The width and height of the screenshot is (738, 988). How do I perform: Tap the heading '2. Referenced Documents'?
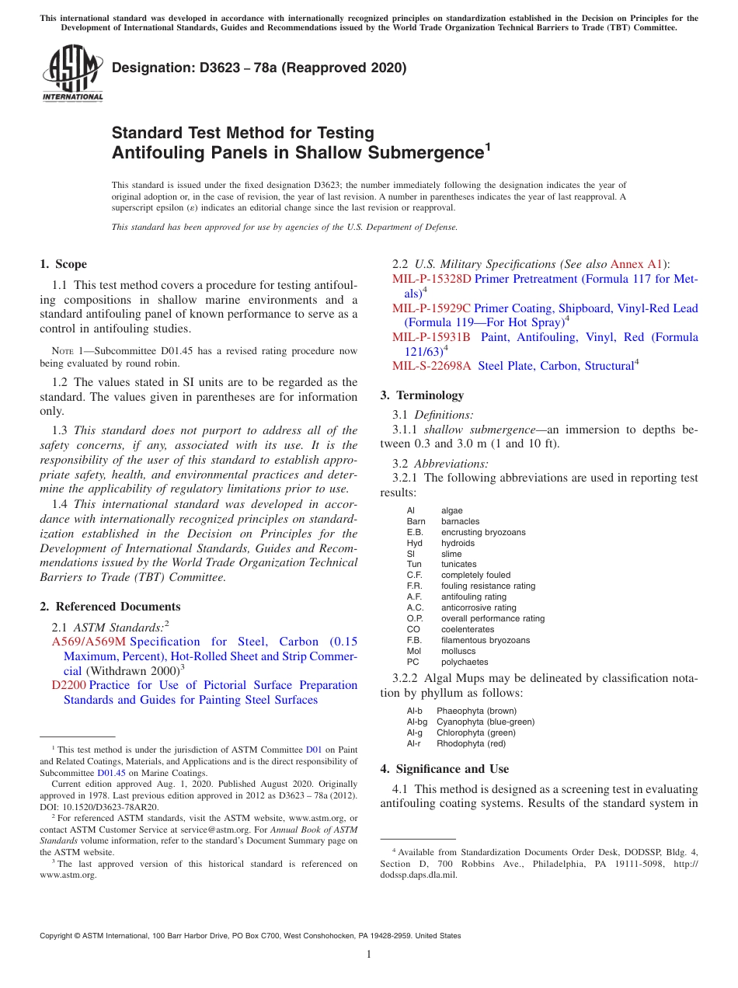pyautogui.click(x=110, y=607)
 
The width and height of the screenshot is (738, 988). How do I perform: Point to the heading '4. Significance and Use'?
pyautogui.click(x=444, y=769)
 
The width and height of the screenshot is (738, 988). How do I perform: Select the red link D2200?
pyautogui.click(x=68, y=685)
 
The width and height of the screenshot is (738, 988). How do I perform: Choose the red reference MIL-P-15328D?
pyautogui.click(x=431, y=279)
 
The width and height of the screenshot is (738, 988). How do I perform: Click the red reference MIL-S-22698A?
pyautogui.click(x=431, y=366)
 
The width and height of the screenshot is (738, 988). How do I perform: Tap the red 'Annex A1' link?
pyautogui.click(x=637, y=264)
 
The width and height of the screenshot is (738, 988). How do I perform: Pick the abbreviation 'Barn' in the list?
pyautogui.click(x=416, y=521)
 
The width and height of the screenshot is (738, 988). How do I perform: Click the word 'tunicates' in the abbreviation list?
pyautogui.click(x=458, y=565)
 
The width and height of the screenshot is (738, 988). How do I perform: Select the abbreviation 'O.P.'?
pyautogui.click(x=415, y=619)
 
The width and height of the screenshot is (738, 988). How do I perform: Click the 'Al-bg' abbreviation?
pyautogui.click(x=417, y=722)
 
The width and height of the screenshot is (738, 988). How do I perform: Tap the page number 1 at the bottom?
pyautogui.click(x=369, y=955)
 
